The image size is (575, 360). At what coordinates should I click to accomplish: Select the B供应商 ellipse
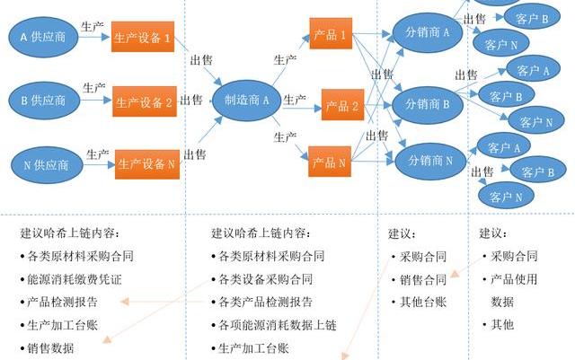click(x=43, y=101)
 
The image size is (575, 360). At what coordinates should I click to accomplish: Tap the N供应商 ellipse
click(x=45, y=164)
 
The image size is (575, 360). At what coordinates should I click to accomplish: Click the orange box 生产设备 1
click(x=143, y=38)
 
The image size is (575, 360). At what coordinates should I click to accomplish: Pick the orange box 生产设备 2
click(x=144, y=102)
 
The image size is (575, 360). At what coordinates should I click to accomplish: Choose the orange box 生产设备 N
click(x=144, y=164)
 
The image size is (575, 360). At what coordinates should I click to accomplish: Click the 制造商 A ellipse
click(x=246, y=101)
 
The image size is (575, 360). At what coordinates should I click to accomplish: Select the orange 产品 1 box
click(x=331, y=34)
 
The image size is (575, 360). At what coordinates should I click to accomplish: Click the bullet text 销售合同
click(x=422, y=279)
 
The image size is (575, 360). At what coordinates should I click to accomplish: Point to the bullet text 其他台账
click(x=422, y=303)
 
